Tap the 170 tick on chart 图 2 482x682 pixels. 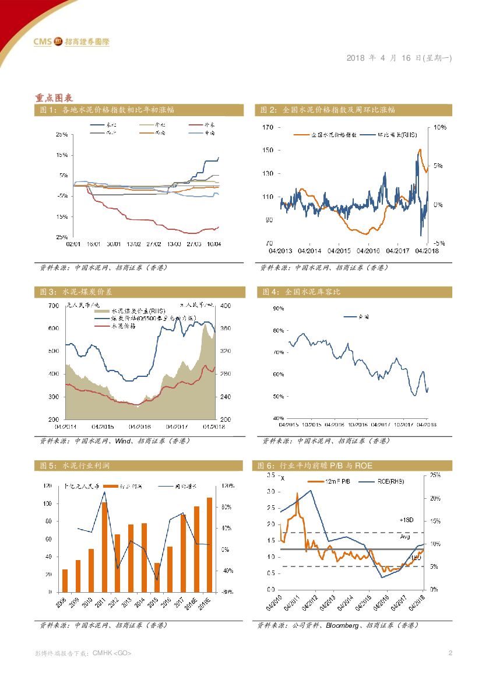tap(268, 127)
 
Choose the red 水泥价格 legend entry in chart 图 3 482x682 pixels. tap(119, 327)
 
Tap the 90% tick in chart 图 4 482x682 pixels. tap(278, 307)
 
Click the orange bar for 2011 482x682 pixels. tap(104, 547)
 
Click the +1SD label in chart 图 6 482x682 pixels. tap(406, 520)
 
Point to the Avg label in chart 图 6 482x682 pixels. tap(405, 537)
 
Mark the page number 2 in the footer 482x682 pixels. tap(451, 653)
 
